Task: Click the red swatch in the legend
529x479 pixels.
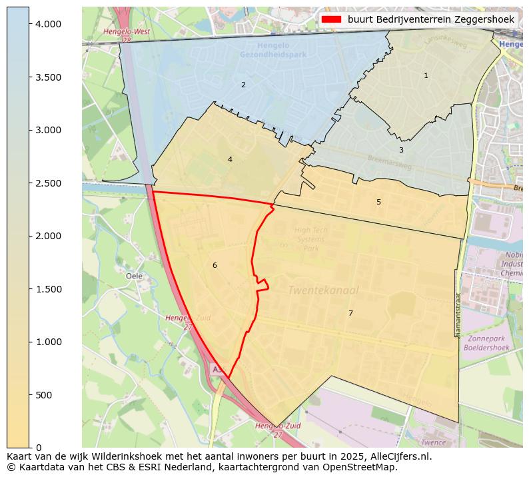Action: (331, 19)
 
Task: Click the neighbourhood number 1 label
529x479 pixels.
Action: (426, 75)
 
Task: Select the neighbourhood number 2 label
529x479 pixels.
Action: (243, 85)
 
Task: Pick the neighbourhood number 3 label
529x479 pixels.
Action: (401, 150)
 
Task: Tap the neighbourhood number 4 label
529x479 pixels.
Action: (230, 159)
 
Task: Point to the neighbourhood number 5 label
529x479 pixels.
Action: (378, 202)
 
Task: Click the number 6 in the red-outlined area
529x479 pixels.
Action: (215, 265)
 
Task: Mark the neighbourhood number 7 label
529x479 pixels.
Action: (350, 313)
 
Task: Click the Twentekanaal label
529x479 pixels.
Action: (323, 290)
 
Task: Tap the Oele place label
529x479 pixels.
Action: (134, 275)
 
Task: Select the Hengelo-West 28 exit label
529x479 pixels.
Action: (127, 35)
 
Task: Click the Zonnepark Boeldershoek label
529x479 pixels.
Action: (486, 343)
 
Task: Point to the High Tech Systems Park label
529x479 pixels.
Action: (311, 239)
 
